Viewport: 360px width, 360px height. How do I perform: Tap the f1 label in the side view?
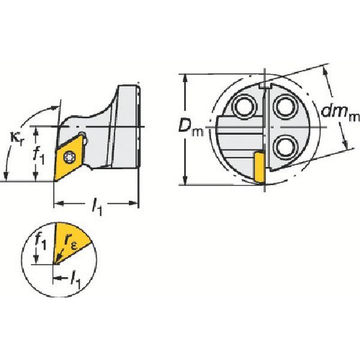[38, 156]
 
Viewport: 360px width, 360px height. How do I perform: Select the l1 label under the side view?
[97, 207]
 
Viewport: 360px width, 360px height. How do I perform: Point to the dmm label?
[340, 113]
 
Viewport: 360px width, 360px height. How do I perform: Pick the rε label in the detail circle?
[70, 243]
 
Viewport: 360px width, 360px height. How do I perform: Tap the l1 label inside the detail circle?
[76, 280]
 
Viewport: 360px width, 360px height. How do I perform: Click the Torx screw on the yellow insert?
[69, 158]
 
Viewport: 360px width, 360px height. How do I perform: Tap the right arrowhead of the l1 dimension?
[133, 203]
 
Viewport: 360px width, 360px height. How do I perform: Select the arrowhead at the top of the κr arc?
[55, 107]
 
